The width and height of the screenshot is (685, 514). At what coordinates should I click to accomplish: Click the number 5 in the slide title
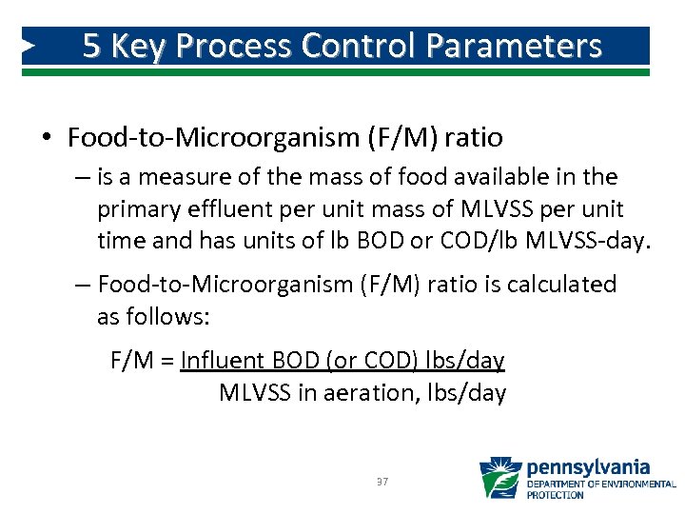click(91, 46)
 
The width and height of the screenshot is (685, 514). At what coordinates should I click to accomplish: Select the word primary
click(135, 208)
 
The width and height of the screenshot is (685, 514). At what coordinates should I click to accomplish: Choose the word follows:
click(153, 316)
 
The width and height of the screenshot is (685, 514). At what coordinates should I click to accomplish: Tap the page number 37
click(382, 483)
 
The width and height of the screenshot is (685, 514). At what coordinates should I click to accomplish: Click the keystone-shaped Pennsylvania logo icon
click(499, 479)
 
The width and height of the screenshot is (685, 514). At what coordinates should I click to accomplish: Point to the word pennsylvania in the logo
click(588, 467)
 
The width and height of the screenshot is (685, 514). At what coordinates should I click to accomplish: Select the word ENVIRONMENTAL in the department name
click(640, 484)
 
